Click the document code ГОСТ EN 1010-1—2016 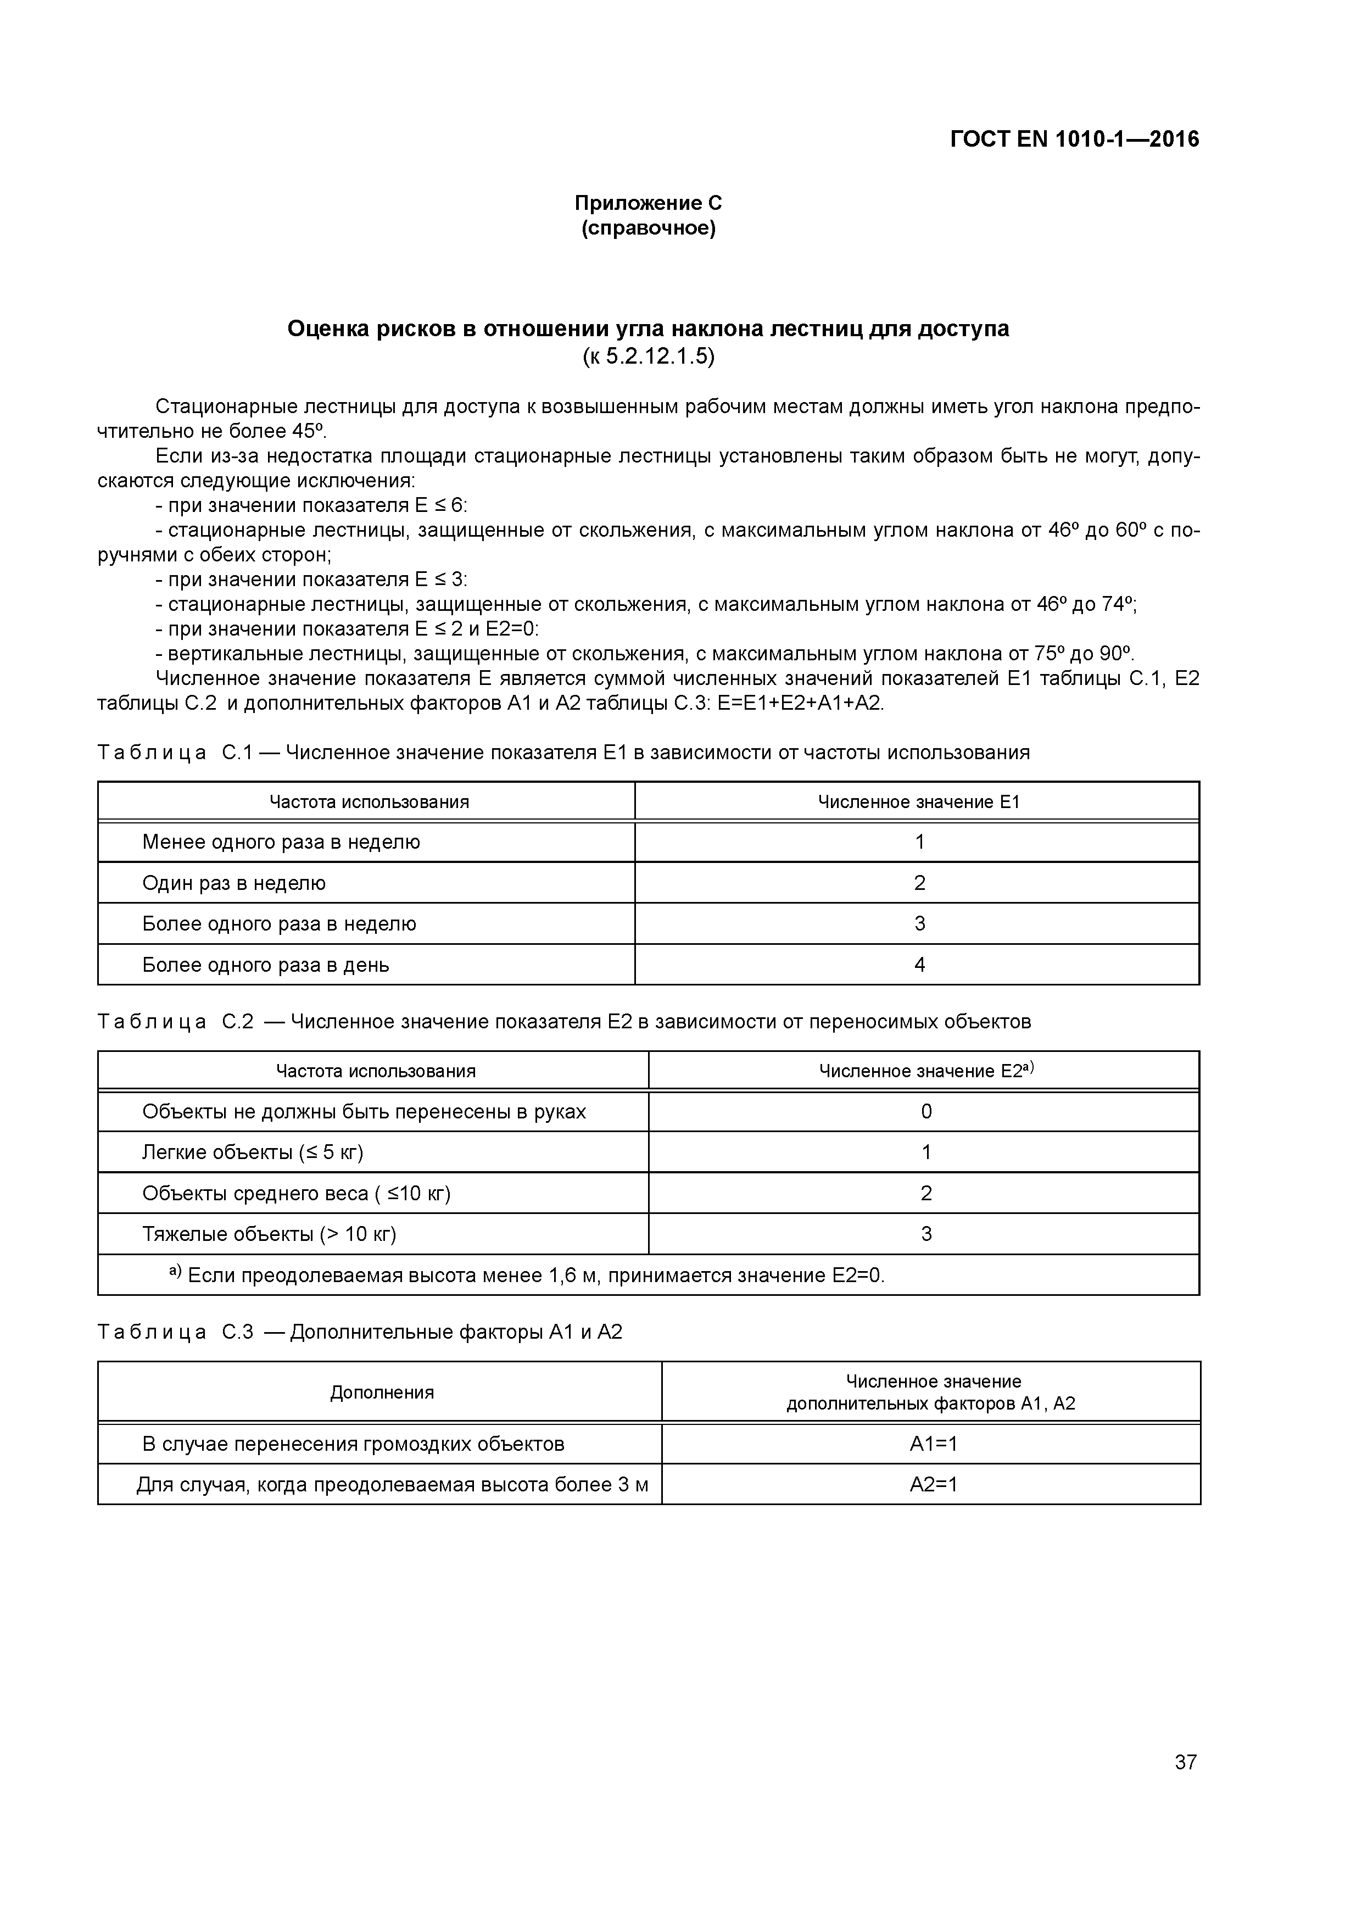(x=1074, y=140)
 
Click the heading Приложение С (x=648, y=203)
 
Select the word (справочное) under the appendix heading (x=648, y=229)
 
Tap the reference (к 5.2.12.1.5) (x=648, y=357)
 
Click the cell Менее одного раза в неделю (x=281, y=842)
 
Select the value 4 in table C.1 (x=919, y=965)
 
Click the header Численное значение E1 (x=919, y=801)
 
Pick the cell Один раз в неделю (x=234, y=883)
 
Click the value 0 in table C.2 (x=925, y=1111)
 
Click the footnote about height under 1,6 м (x=529, y=1276)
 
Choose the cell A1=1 (x=933, y=1444)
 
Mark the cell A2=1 (x=933, y=1485)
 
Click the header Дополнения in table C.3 (x=382, y=1393)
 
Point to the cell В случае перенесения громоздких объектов (x=353, y=1444)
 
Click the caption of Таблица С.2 (x=564, y=1021)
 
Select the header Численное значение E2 (x=925, y=1071)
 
